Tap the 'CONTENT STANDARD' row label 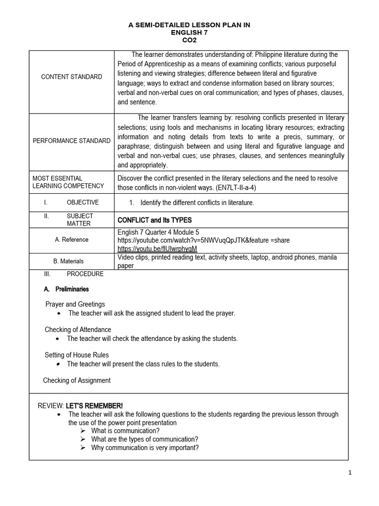pyautogui.click(x=72, y=77)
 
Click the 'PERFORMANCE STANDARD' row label pyautogui.click(x=72, y=141)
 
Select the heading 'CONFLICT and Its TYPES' pyautogui.click(x=154, y=220)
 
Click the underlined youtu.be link pyautogui.click(x=157, y=248)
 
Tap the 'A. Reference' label pyautogui.click(x=72, y=240)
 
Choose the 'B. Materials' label pyautogui.click(x=68, y=261)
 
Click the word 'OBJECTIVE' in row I pyautogui.click(x=82, y=203)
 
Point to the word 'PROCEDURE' pyautogui.click(x=85, y=274)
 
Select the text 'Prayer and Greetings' pyautogui.click(x=75, y=304)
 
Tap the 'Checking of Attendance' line pyautogui.click(x=78, y=330)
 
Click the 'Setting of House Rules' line pyautogui.click(x=76, y=355)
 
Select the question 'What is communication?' pyautogui.click(x=125, y=430)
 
